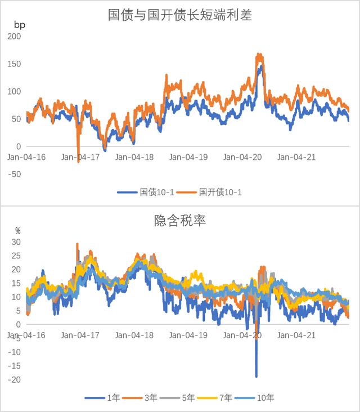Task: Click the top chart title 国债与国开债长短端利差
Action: pyautogui.click(x=180, y=15)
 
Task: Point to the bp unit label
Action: pyautogui.click(x=19, y=25)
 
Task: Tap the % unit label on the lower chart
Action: pyautogui.click(x=17, y=231)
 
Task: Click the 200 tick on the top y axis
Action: pyautogui.click(x=13, y=36)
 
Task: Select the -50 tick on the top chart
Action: pyautogui.click(x=13, y=174)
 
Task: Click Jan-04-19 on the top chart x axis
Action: pyautogui.click(x=189, y=157)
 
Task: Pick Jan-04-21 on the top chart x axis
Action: pyautogui.click(x=297, y=157)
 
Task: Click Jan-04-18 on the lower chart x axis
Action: pyautogui.click(x=135, y=335)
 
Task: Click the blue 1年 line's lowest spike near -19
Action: pyautogui.click(x=256, y=376)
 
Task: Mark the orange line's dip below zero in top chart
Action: pyautogui.click(x=78, y=161)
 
